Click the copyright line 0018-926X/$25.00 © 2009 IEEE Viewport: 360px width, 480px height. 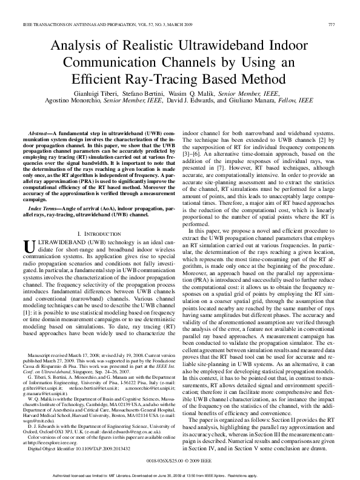click(x=179, y=427)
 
